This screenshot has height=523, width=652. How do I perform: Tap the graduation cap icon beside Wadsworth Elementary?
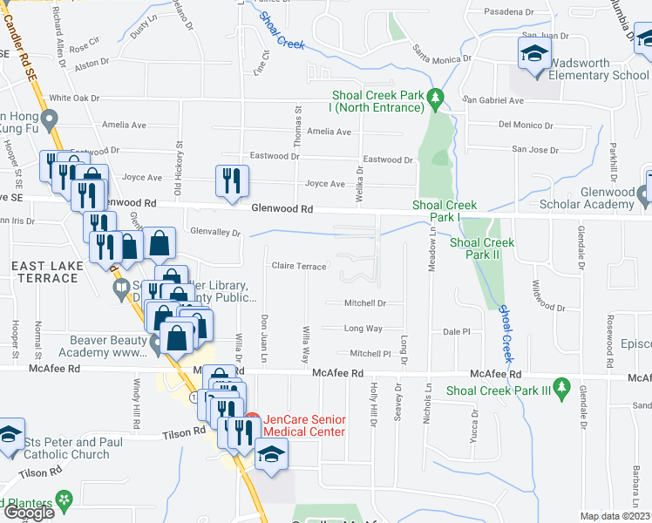(x=534, y=56)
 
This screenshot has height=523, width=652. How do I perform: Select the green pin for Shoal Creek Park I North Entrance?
(x=438, y=98)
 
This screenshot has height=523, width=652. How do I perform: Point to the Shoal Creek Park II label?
(x=482, y=248)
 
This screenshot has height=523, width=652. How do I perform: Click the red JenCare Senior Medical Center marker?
(x=253, y=418)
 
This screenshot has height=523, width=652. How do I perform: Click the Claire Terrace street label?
(x=299, y=266)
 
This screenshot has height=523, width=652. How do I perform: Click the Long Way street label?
(x=363, y=329)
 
